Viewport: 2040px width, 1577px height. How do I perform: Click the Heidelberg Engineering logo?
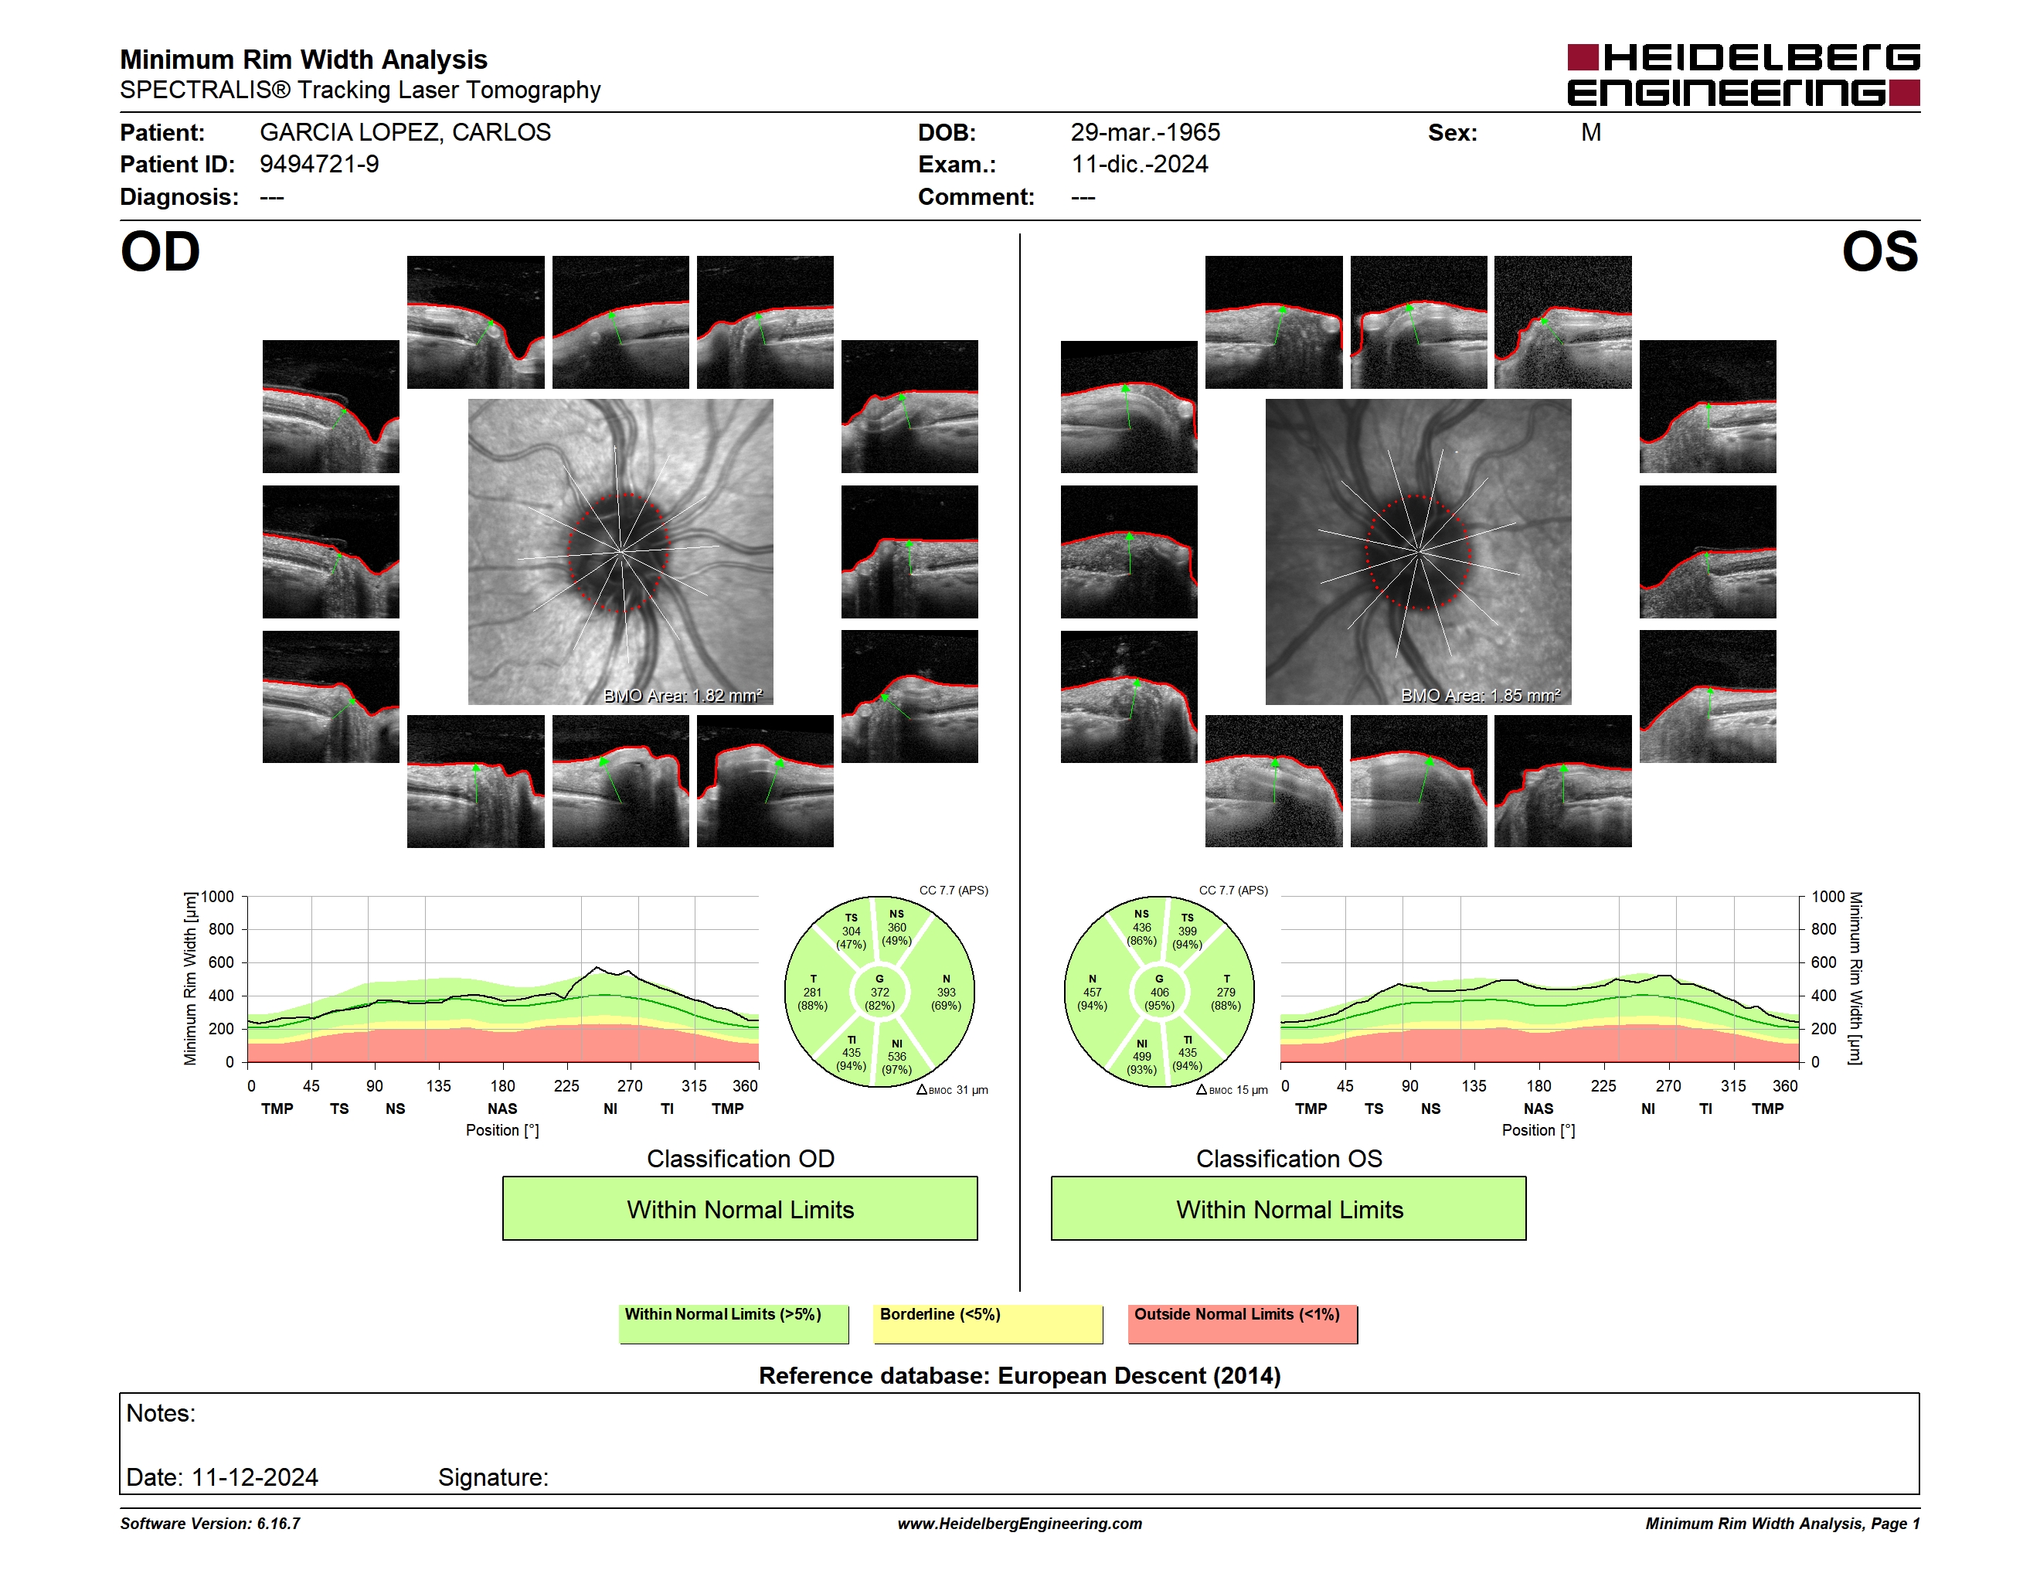click(x=1743, y=75)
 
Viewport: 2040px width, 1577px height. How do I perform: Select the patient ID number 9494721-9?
click(x=319, y=165)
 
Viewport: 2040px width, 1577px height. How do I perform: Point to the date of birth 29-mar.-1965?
click(x=1145, y=133)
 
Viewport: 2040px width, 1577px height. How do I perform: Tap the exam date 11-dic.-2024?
click(x=1140, y=165)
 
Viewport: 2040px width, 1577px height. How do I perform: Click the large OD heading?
click(x=160, y=252)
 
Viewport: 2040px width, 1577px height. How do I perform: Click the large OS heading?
click(x=1879, y=252)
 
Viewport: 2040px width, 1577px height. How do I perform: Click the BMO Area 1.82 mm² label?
click(x=683, y=695)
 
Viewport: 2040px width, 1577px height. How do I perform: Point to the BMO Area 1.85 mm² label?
click(x=1481, y=695)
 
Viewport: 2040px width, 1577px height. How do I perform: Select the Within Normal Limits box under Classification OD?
click(x=739, y=1209)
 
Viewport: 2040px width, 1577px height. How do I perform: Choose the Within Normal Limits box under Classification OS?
click(x=1289, y=1209)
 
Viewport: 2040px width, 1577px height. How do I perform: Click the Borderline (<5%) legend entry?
click(x=988, y=1323)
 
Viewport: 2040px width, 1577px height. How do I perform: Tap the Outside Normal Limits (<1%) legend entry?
click(x=1243, y=1323)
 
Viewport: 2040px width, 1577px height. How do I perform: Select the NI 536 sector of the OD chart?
click(x=896, y=1057)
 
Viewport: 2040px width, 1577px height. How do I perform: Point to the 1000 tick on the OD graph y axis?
click(x=216, y=897)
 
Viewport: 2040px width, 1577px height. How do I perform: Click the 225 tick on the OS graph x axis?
click(x=1603, y=1085)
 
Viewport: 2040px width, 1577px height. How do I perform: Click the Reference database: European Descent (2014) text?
click(x=1019, y=1375)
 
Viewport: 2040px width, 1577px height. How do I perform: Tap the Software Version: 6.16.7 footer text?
click(x=210, y=1524)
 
